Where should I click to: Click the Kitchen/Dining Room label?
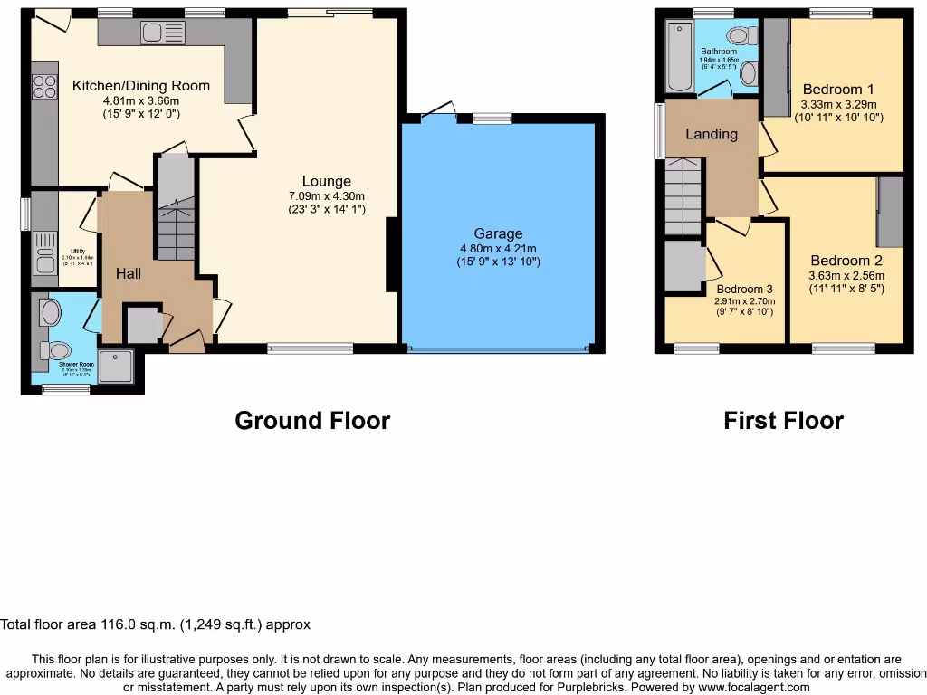pos(141,86)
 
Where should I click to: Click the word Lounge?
pos(326,181)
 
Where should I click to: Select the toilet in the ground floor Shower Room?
pos(59,350)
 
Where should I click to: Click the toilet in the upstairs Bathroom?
pos(741,36)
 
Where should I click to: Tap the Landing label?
pos(711,134)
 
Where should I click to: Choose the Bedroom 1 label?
pos(838,89)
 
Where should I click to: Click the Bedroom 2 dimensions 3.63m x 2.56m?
pos(846,276)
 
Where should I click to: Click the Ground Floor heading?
pos(312,421)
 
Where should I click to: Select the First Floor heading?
pos(783,421)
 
